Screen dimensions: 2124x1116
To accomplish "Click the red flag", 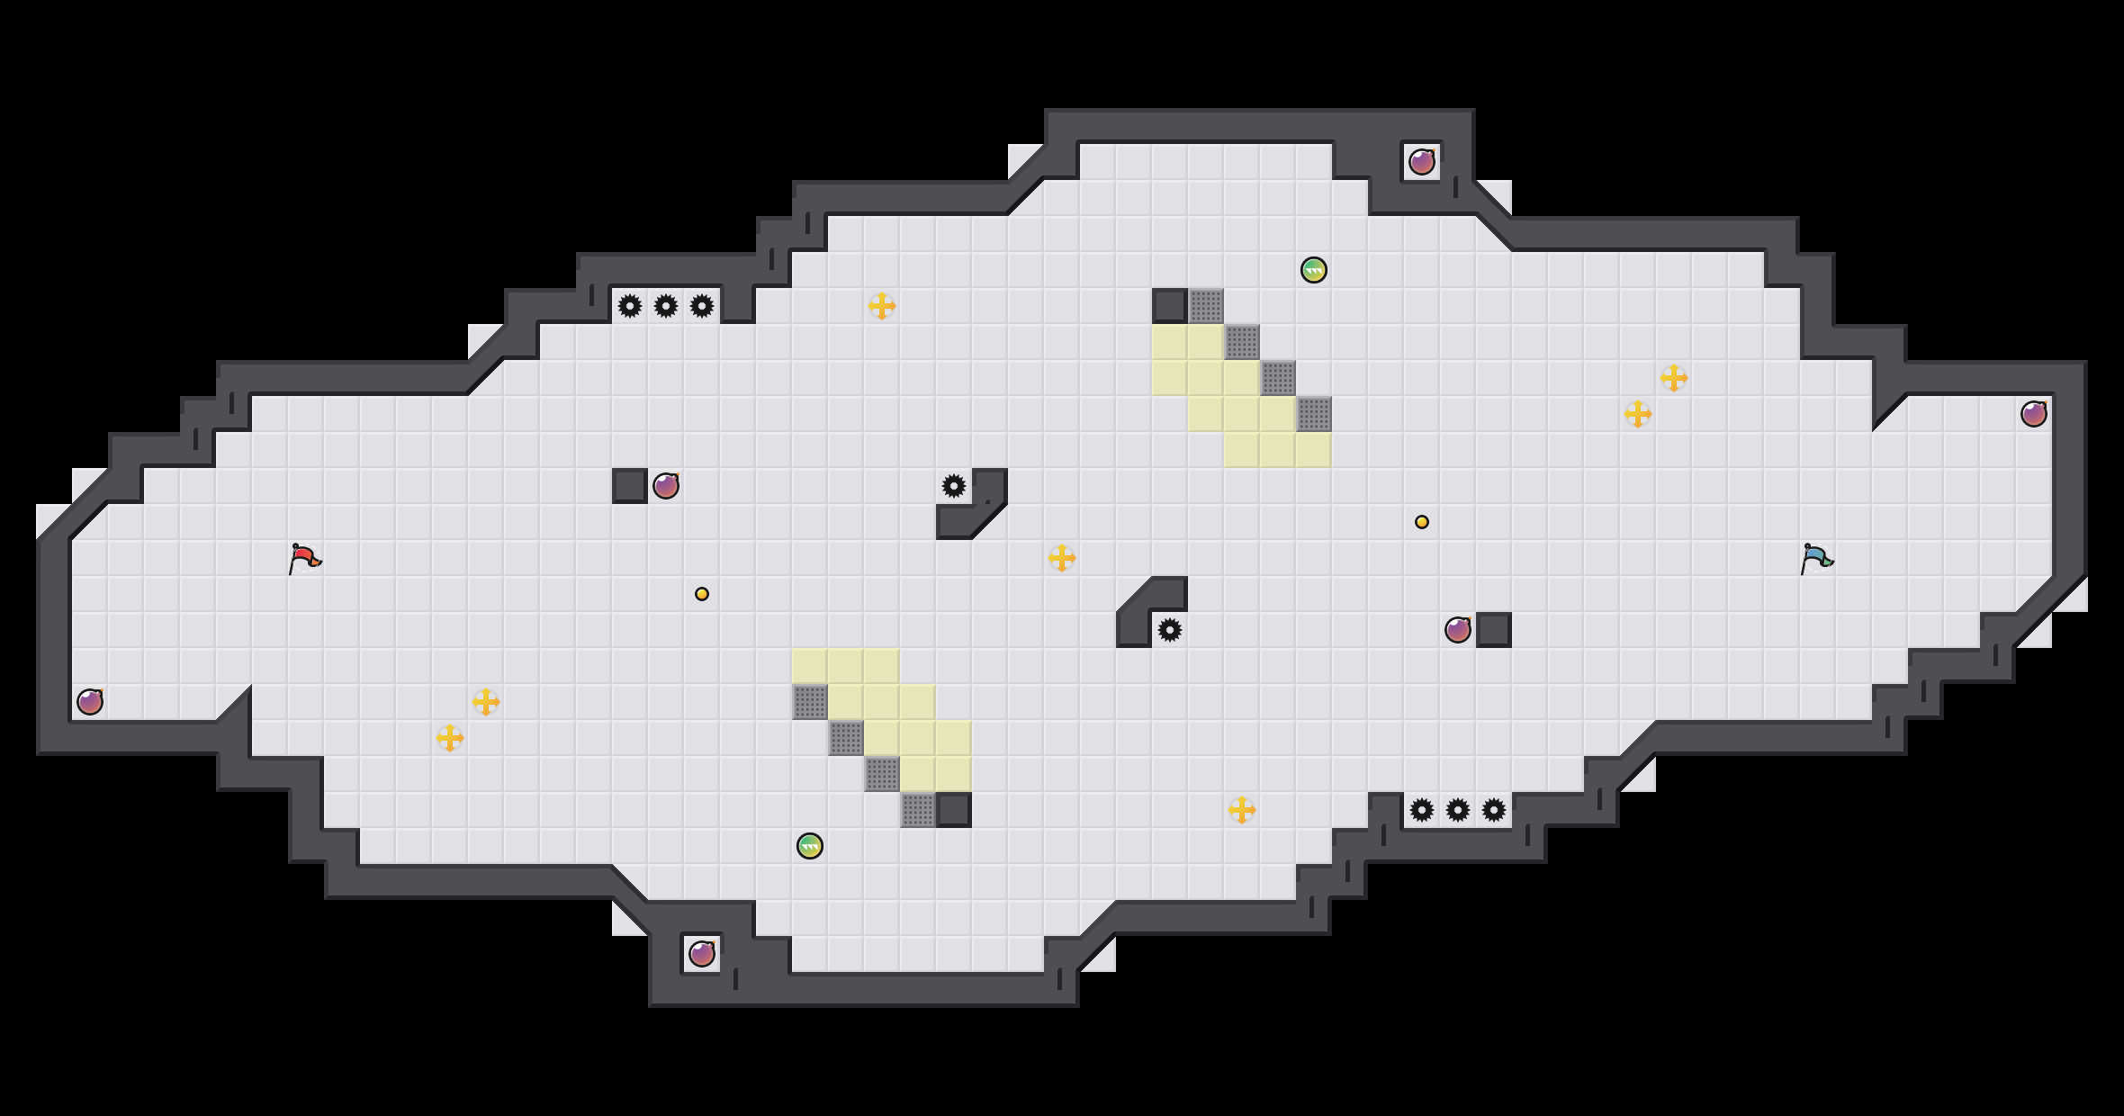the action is pos(304,558).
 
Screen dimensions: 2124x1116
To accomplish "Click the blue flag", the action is pos(1816,558).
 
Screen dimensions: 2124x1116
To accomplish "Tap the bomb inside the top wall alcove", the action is pos(1422,162).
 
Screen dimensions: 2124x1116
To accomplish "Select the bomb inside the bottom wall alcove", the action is pos(702,954).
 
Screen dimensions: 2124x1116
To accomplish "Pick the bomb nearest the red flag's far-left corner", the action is pos(90,702).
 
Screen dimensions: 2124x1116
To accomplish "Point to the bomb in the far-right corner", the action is pos(2034,414).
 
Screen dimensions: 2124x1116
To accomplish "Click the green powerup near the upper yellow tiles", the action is pos(1314,270).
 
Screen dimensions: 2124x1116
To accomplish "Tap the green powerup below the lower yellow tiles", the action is pos(810,846).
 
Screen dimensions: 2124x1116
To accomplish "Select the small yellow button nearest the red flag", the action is pos(702,594).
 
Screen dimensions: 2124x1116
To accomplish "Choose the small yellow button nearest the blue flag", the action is pos(1422,522).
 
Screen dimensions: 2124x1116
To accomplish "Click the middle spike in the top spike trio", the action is pos(666,306).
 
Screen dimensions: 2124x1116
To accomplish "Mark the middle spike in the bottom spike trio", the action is pos(1458,810).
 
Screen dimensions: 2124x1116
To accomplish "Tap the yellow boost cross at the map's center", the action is pos(1062,558).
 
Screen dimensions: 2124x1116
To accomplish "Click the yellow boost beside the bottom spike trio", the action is pos(1242,810).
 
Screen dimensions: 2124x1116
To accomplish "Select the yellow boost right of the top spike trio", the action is pos(882,306).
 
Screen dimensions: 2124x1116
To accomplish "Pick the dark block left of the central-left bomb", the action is pos(630,486).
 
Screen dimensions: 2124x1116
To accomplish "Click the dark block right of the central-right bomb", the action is pos(1494,630).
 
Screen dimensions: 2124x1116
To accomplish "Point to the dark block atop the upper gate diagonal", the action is pos(1170,306).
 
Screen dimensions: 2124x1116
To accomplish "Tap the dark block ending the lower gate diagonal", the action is pos(954,810).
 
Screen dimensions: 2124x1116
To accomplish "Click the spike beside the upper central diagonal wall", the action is pos(954,486).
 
